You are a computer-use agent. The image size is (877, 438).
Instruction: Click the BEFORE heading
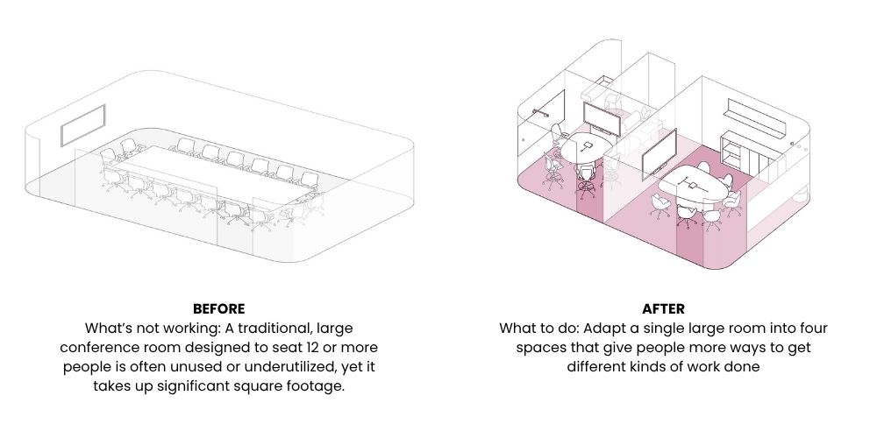pos(218,308)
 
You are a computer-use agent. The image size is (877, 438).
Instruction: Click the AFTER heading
pos(663,308)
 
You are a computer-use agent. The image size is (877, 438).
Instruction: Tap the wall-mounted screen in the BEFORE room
pos(83,125)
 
